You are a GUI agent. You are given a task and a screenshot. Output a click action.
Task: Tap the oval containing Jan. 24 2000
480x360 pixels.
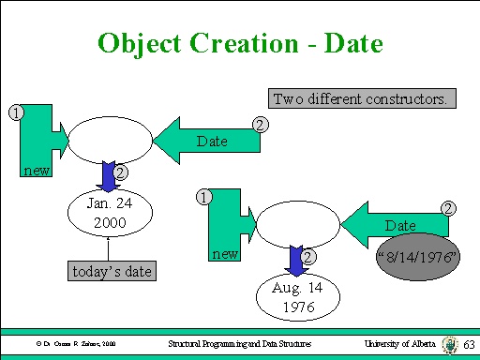click(109, 215)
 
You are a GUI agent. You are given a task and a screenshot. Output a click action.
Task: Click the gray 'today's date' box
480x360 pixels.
click(112, 271)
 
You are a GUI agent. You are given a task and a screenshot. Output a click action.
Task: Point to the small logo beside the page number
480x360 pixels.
click(451, 344)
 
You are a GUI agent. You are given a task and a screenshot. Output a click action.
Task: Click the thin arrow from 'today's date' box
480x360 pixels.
click(110, 249)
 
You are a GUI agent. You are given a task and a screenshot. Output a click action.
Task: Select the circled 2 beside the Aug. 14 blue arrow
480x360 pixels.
click(308, 257)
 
